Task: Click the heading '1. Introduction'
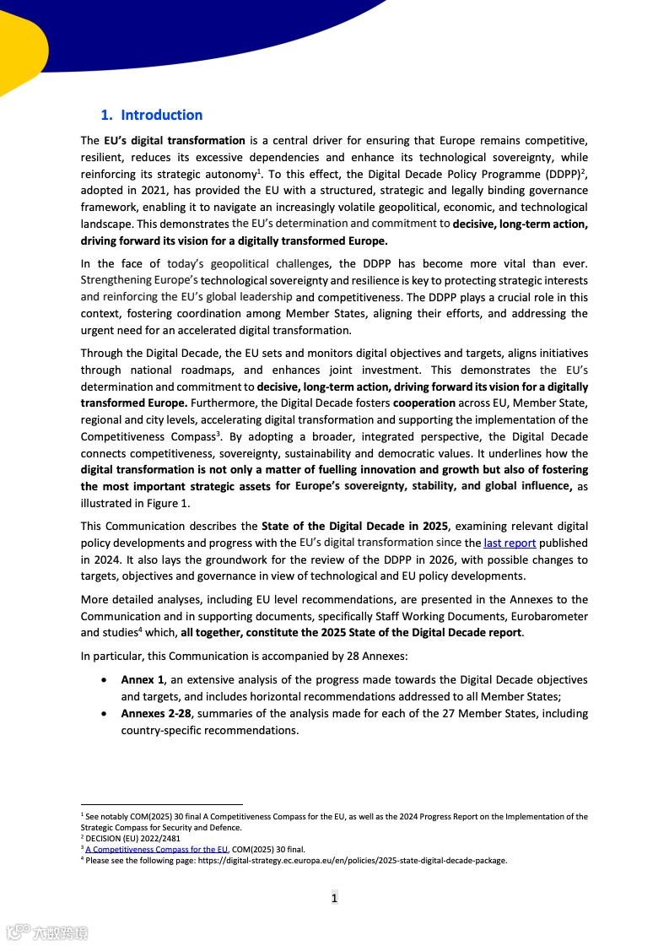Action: pyautogui.click(x=152, y=116)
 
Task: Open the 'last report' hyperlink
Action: pyautogui.click(x=510, y=543)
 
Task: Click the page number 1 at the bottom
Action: pyautogui.click(x=334, y=898)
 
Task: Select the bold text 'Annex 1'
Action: pyautogui.click(x=142, y=680)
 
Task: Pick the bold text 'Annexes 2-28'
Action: pyautogui.click(x=156, y=714)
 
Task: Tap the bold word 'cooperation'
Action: pyautogui.click(x=425, y=403)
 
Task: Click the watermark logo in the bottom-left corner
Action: pyautogui.click(x=47, y=932)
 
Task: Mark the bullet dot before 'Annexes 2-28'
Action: pyautogui.click(x=103, y=714)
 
